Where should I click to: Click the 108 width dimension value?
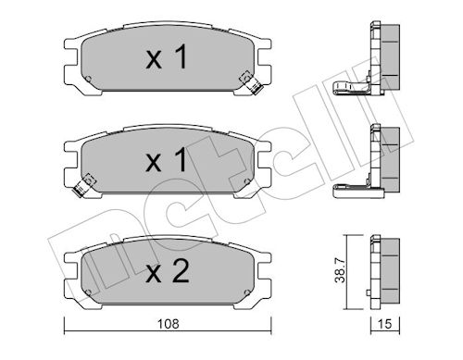coord(168,324)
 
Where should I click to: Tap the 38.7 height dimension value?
coord(340,271)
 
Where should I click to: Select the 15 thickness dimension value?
coord(384,324)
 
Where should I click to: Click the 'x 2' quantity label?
coord(168,271)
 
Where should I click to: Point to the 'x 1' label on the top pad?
coord(167,56)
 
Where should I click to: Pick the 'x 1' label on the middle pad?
coord(167,159)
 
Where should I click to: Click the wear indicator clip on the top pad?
coord(251,82)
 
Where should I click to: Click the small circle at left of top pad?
coord(88,79)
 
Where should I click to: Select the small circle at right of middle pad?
coord(247,181)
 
